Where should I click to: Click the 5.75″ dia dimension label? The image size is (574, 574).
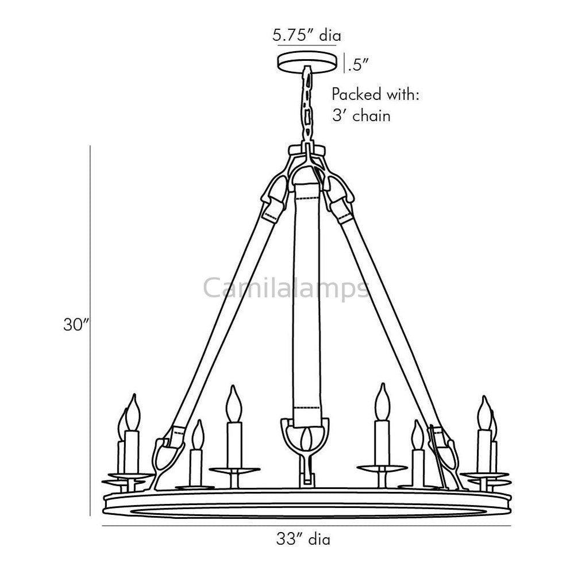point(306,35)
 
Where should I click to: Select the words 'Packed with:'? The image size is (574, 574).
point(376,94)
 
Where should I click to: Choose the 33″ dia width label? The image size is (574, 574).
point(303,540)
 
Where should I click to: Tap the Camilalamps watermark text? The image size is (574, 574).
point(287,287)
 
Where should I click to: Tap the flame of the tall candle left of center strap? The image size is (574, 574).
point(233,402)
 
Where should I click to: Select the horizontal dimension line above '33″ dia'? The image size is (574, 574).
point(306,526)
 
